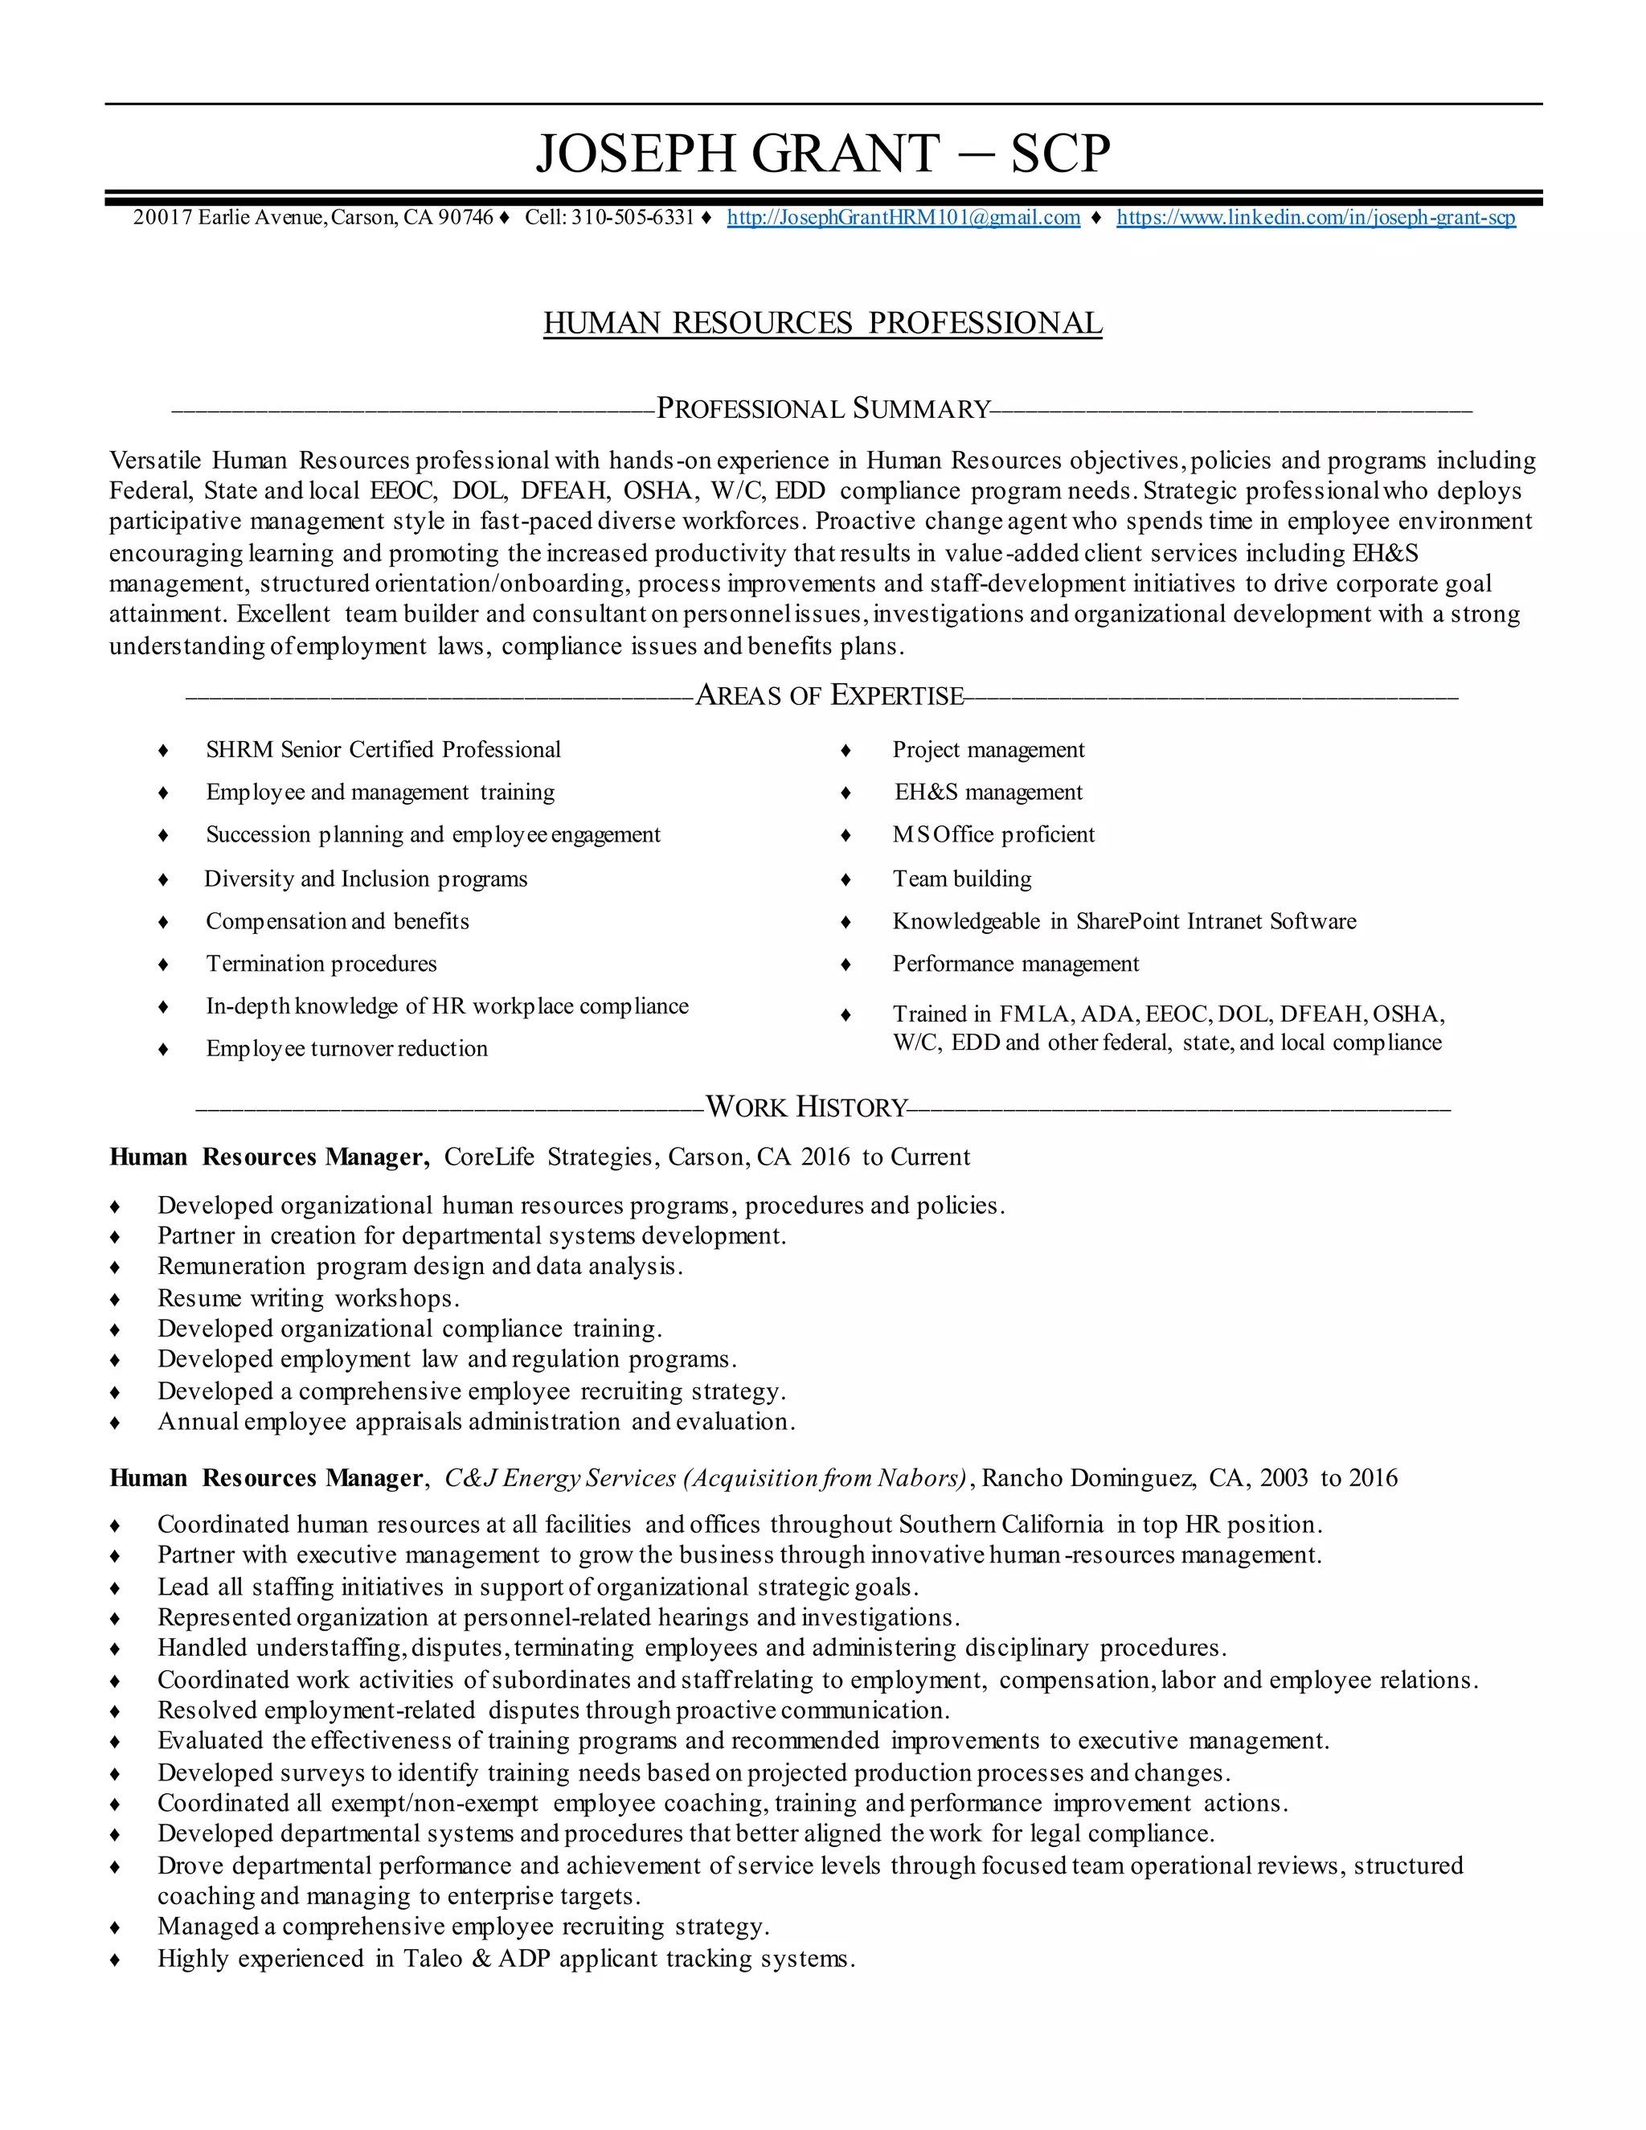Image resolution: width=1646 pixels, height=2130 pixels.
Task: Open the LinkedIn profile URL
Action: click(1316, 218)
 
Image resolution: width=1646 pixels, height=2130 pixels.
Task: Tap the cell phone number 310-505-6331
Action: click(632, 218)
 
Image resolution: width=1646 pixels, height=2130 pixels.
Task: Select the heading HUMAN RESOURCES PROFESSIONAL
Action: click(822, 323)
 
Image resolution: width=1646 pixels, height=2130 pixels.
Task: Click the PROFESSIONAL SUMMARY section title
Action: click(823, 408)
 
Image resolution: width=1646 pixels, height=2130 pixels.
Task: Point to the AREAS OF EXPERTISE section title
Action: click(829, 695)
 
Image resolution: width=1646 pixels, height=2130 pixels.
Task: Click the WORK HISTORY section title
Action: click(806, 1107)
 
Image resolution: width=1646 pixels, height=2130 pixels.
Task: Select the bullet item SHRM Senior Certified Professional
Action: click(383, 750)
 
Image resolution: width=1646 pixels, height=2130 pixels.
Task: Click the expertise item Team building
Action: click(961, 879)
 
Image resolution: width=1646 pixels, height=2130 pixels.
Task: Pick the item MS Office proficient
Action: click(993, 835)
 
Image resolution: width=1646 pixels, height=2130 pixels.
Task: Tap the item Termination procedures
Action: click(321, 964)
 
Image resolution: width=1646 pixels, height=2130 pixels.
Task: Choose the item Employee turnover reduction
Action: click(346, 1048)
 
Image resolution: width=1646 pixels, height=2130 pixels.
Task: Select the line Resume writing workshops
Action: click(308, 1298)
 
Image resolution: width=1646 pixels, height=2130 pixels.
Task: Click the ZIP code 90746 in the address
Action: click(465, 218)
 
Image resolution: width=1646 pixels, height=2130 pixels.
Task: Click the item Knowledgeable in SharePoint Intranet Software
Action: click(1124, 922)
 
